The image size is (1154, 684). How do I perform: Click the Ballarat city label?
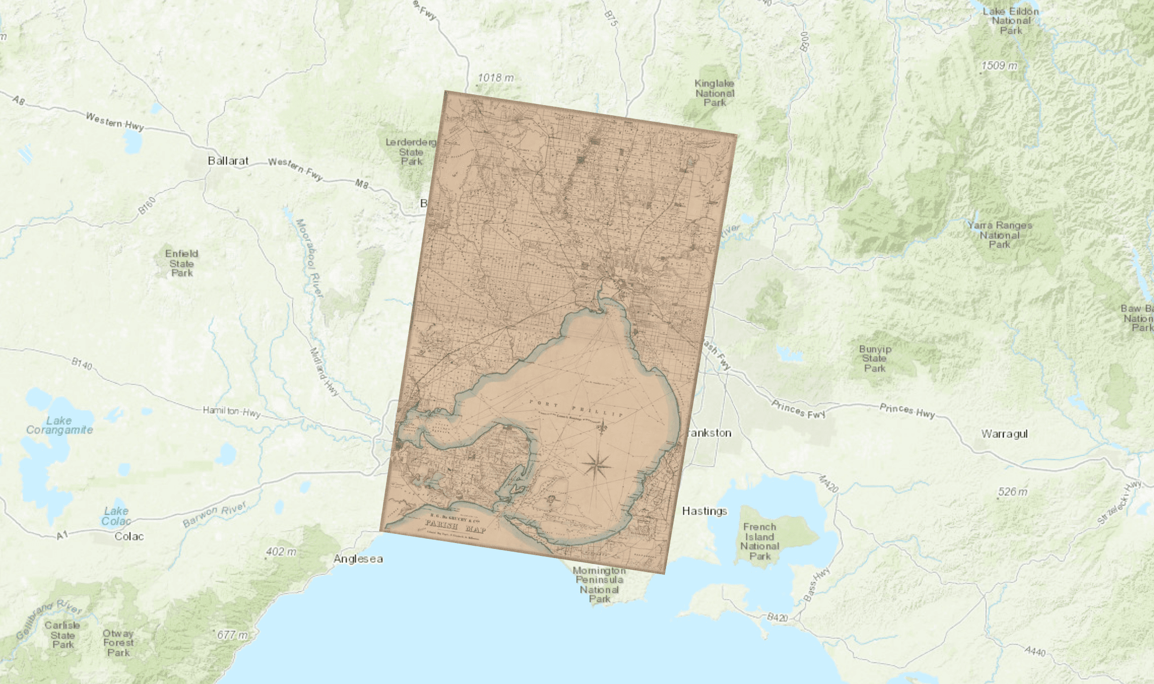click(x=228, y=161)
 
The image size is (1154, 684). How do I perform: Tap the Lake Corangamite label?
click(x=60, y=425)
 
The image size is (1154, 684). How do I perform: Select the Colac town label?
click(x=129, y=537)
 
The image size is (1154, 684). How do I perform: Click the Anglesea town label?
click(x=358, y=559)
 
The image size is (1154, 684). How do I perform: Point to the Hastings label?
click(x=705, y=511)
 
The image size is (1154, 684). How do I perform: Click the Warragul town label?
click(x=1004, y=434)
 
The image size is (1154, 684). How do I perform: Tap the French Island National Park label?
click(x=760, y=541)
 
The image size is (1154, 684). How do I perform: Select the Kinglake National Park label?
click(x=715, y=93)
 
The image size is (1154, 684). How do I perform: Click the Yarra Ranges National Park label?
click(x=1000, y=235)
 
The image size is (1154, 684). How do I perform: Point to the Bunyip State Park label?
click(x=875, y=359)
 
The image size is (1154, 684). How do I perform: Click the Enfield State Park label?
click(x=182, y=263)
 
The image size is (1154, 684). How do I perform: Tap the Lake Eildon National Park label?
click(x=1011, y=21)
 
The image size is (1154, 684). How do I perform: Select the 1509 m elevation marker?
click(x=999, y=66)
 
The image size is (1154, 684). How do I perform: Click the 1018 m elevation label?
click(x=495, y=78)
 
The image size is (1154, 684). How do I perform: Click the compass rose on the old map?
click(x=596, y=464)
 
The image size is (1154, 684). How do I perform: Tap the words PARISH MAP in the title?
click(x=455, y=526)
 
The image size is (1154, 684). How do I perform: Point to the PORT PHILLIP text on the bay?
click(x=576, y=408)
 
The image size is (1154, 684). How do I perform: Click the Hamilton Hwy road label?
click(x=232, y=411)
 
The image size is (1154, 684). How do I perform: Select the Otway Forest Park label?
click(x=119, y=643)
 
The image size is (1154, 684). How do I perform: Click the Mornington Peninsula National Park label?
click(x=600, y=585)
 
